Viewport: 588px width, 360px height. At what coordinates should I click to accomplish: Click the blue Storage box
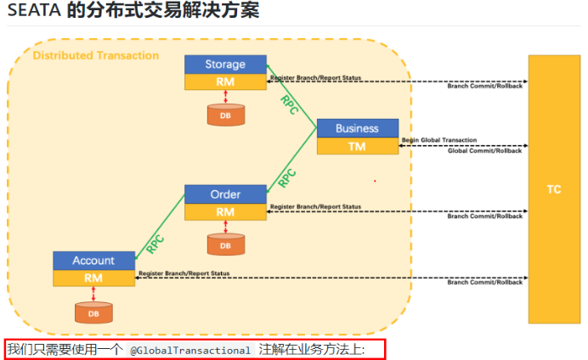click(225, 65)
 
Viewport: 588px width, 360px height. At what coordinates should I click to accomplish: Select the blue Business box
click(357, 128)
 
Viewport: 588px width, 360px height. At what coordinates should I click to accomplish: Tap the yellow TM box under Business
click(357, 146)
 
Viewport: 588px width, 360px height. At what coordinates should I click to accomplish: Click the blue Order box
click(225, 194)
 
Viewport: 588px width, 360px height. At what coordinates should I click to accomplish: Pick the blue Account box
click(93, 260)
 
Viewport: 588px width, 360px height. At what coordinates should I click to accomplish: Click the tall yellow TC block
click(553, 188)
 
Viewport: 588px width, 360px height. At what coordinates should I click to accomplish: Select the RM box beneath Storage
click(225, 82)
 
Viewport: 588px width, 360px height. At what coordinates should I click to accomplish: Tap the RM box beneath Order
click(225, 211)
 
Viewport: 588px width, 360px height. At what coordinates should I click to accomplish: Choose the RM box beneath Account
click(93, 278)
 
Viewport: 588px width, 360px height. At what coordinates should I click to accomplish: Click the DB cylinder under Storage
click(225, 114)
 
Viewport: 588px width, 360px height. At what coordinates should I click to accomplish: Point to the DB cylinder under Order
click(225, 245)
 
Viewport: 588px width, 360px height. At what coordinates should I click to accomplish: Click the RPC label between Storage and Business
click(290, 104)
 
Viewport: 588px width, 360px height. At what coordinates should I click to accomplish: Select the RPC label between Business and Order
click(287, 177)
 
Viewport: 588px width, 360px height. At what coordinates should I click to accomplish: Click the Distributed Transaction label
click(95, 55)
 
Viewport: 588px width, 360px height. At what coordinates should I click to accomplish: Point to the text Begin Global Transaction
click(439, 139)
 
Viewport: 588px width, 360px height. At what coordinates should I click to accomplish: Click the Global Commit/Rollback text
click(485, 150)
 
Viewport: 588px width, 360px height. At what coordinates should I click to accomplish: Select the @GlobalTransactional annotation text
click(190, 350)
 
